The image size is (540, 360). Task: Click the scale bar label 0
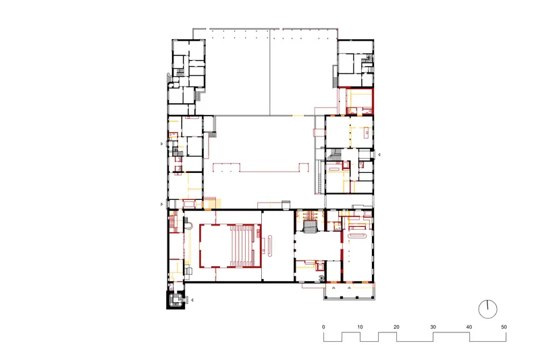click(323, 327)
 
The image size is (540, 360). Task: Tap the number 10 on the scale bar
click(360, 327)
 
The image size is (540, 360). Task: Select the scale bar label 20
click(396, 327)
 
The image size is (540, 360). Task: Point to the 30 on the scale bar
click(433, 327)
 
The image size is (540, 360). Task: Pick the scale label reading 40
click(469, 327)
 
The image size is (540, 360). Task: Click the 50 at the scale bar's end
click(504, 327)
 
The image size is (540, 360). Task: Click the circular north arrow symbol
click(488, 309)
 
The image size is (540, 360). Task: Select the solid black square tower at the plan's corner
click(175, 300)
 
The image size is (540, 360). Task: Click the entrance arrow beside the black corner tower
click(192, 300)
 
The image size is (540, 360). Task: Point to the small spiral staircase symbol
click(322, 278)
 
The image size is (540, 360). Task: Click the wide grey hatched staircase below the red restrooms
click(310, 227)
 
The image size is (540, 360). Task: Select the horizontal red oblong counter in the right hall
click(358, 236)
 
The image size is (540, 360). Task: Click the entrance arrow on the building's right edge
click(379, 155)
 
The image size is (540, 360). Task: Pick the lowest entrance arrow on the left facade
click(162, 204)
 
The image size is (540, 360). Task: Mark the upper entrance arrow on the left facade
click(162, 144)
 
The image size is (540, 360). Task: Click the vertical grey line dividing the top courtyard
click(269, 72)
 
